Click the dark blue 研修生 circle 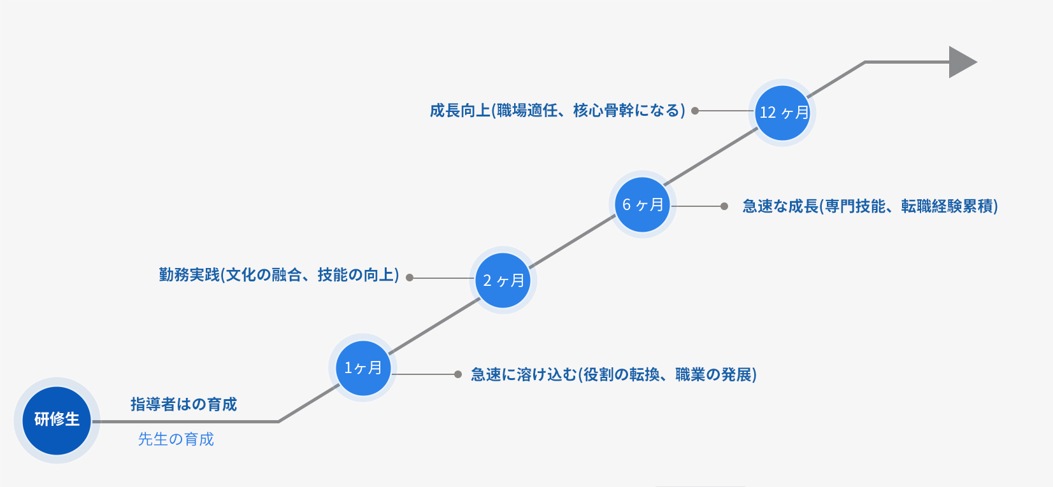tap(57, 420)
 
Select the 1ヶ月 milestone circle tap(362, 368)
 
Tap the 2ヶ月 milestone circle tap(503, 280)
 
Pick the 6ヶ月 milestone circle tap(643, 205)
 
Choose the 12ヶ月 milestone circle tap(783, 113)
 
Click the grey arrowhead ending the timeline tap(961, 62)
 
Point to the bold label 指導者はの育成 tap(183, 404)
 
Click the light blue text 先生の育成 tap(176, 439)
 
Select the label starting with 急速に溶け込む tap(613, 374)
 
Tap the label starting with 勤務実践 tap(279, 275)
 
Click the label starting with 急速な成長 tap(870, 206)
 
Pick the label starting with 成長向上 tap(557, 111)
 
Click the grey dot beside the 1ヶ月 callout tap(457, 374)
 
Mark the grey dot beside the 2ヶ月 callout tap(410, 278)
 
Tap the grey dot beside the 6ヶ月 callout tap(724, 206)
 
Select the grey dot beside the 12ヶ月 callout tap(695, 111)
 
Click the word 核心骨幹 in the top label tap(603, 111)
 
